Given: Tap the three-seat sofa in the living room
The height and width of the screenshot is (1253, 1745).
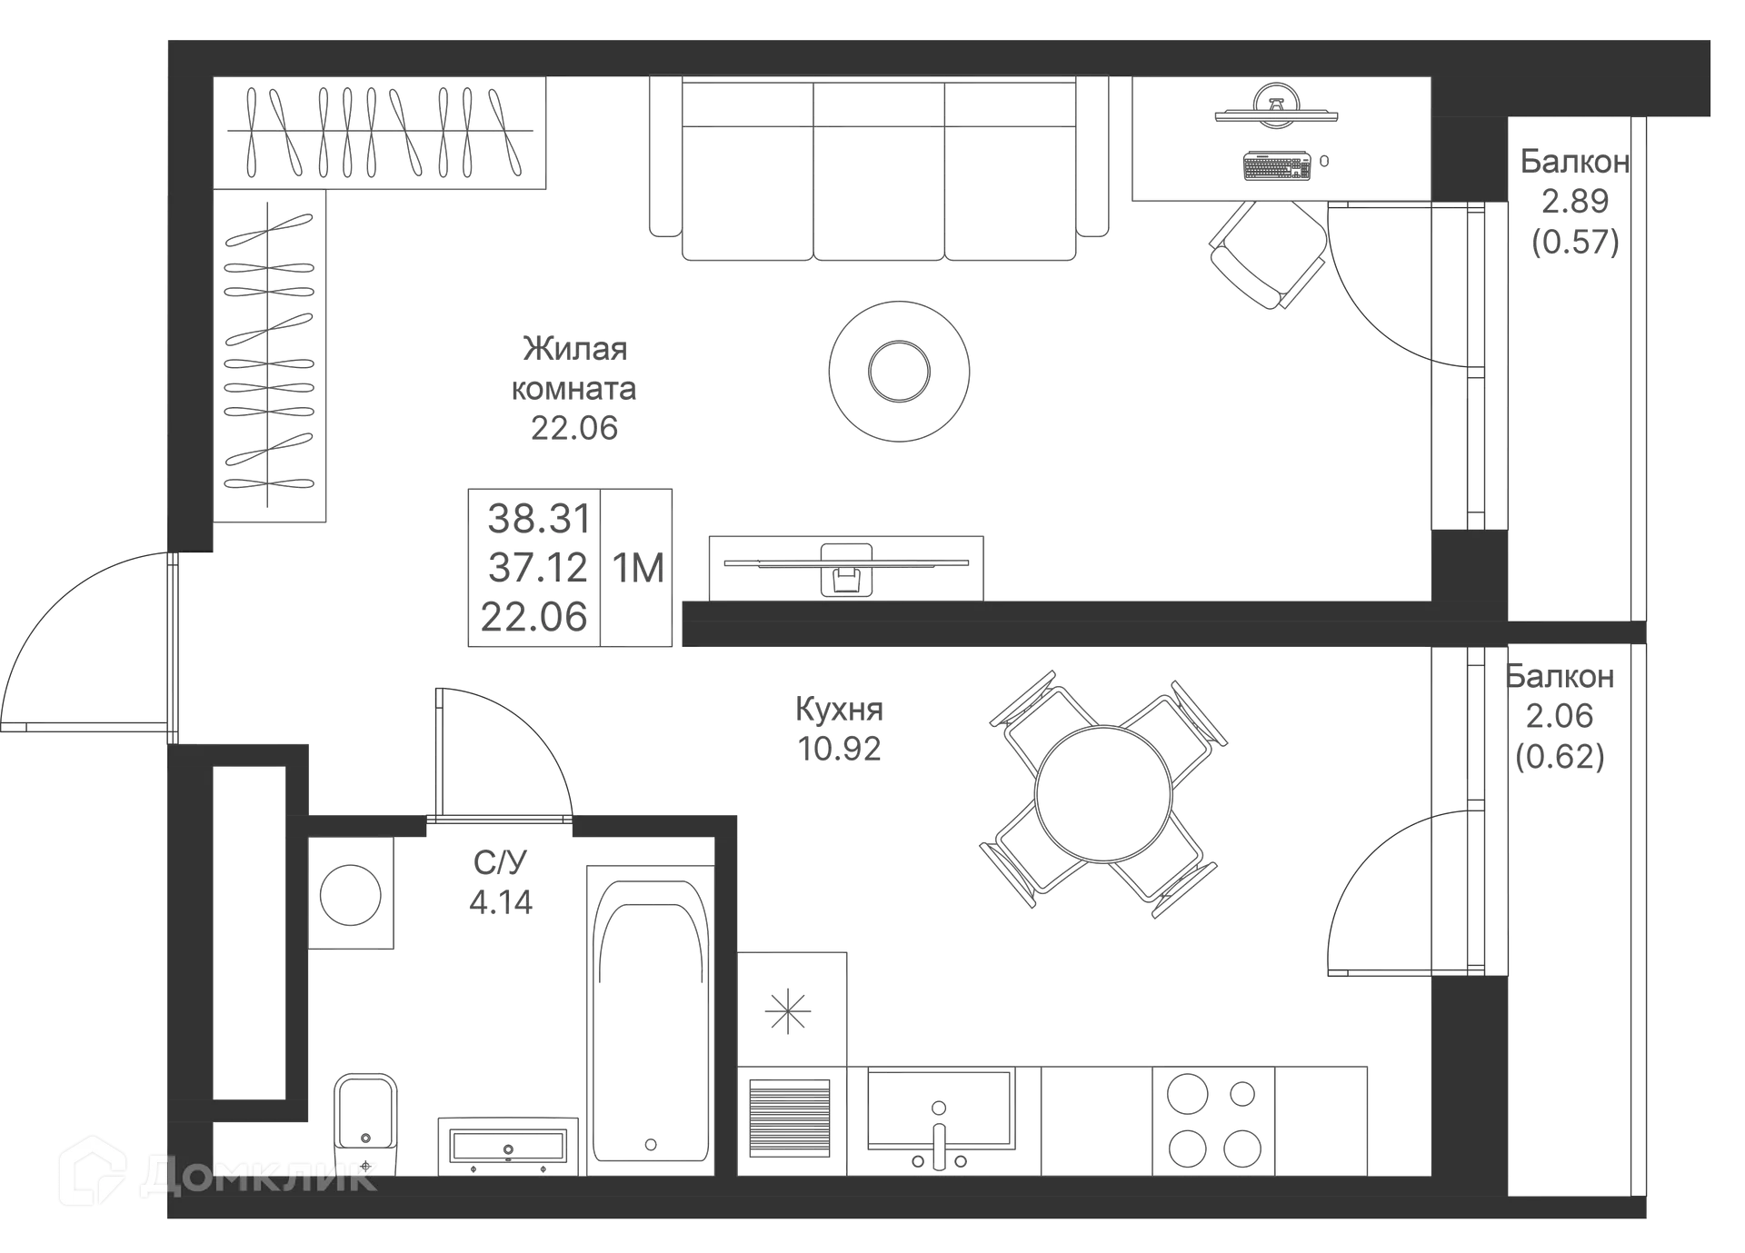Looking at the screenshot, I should click(880, 173).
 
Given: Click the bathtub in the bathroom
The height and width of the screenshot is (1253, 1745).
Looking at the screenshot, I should click(650, 1018).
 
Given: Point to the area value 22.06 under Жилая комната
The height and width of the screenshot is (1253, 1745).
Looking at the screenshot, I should click(573, 426).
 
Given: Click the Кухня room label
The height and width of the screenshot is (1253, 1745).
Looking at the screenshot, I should click(839, 710).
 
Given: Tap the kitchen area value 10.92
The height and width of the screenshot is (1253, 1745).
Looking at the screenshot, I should click(839, 749).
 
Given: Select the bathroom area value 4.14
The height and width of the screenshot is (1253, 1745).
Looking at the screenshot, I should click(501, 903).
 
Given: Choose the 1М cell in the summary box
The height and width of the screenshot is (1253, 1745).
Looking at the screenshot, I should click(638, 568).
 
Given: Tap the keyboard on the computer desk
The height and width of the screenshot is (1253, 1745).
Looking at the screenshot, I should click(1277, 166).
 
